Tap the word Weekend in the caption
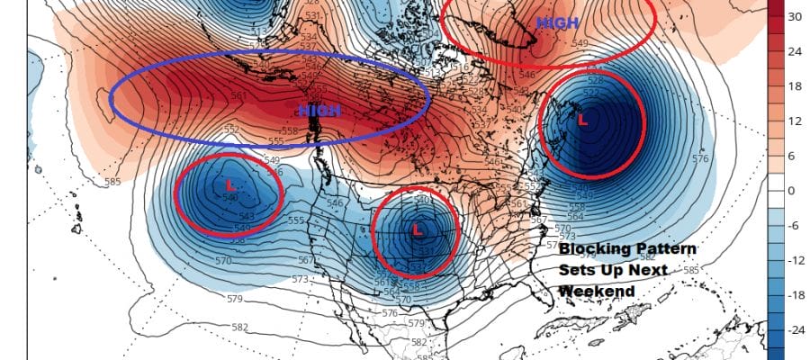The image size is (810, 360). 596,291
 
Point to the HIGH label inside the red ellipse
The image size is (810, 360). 552,22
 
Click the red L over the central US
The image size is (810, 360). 416,229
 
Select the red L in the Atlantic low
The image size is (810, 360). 582,119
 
